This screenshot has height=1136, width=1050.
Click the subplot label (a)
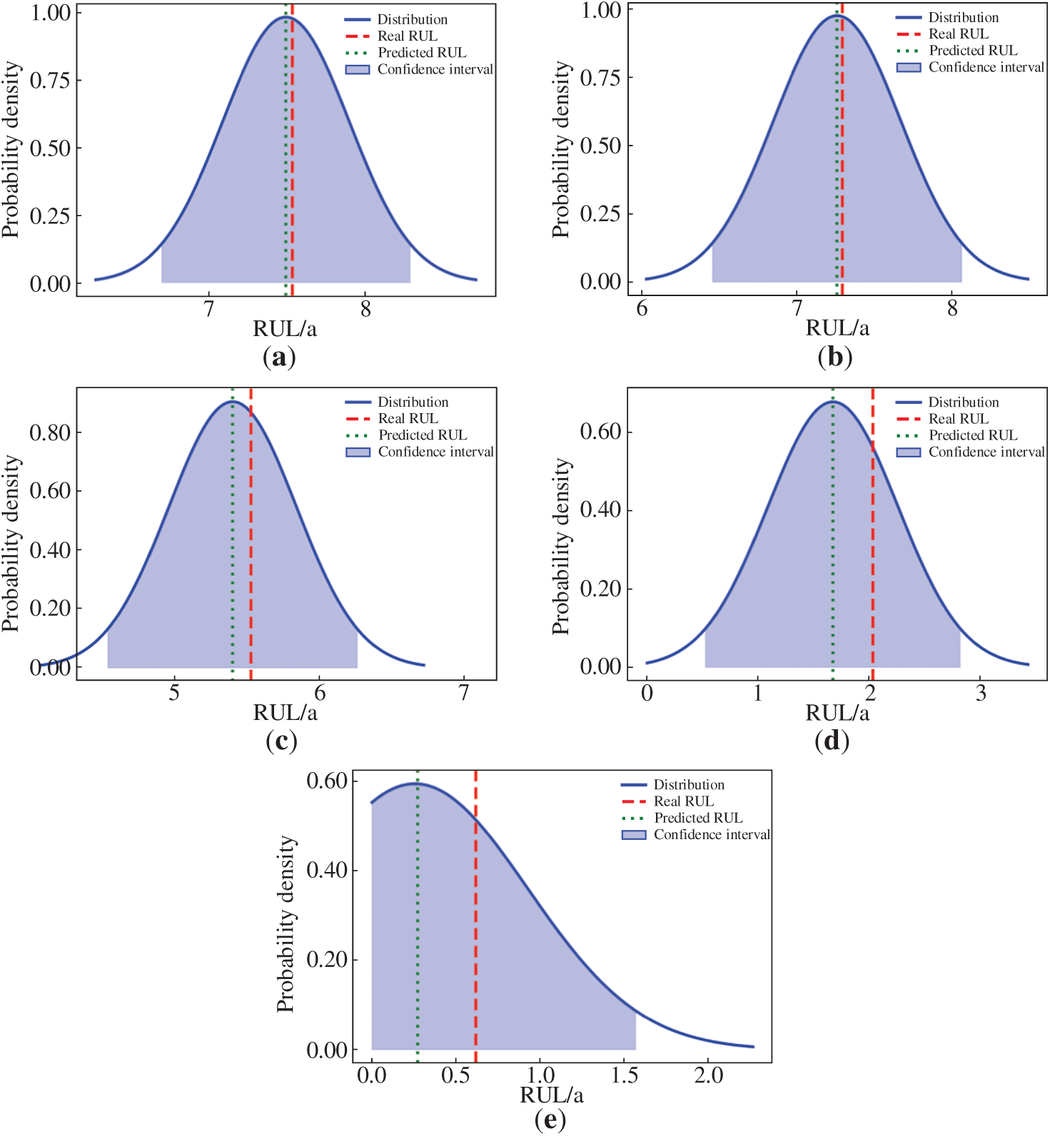pyautogui.click(x=279, y=357)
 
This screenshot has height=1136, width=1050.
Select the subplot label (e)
pyautogui.click(x=550, y=1120)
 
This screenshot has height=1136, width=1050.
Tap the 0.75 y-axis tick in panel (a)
pyautogui.click(x=50, y=80)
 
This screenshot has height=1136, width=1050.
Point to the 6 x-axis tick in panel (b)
pyautogui.click(x=642, y=309)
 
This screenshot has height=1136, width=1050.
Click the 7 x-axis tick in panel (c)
pyautogui.click(x=464, y=693)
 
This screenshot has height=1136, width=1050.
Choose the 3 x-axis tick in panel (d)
pyautogui.click(x=981, y=693)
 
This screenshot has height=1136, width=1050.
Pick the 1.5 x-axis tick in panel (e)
pyautogui.click(x=625, y=1075)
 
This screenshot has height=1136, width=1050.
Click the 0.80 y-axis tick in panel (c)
pyautogui.click(x=50, y=432)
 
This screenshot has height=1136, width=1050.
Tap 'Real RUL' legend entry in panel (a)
pyautogui.click(x=407, y=36)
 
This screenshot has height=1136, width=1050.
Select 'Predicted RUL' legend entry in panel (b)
pyautogui.click(x=973, y=51)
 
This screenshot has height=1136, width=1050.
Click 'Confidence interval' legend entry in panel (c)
pyautogui.click(x=435, y=452)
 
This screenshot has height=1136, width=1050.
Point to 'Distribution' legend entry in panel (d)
pyautogui.click(x=963, y=402)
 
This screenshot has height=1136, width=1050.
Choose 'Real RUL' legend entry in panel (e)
pyautogui.click(x=683, y=801)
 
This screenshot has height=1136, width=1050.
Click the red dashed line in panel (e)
pyautogui.click(x=475, y=928)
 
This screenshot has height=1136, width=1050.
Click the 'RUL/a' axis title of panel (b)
pyautogui.click(x=837, y=328)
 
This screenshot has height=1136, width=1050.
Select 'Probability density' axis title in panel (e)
pyautogui.click(x=286, y=924)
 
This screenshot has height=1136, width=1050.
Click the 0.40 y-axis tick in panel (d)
pyautogui.click(x=600, y=510)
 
